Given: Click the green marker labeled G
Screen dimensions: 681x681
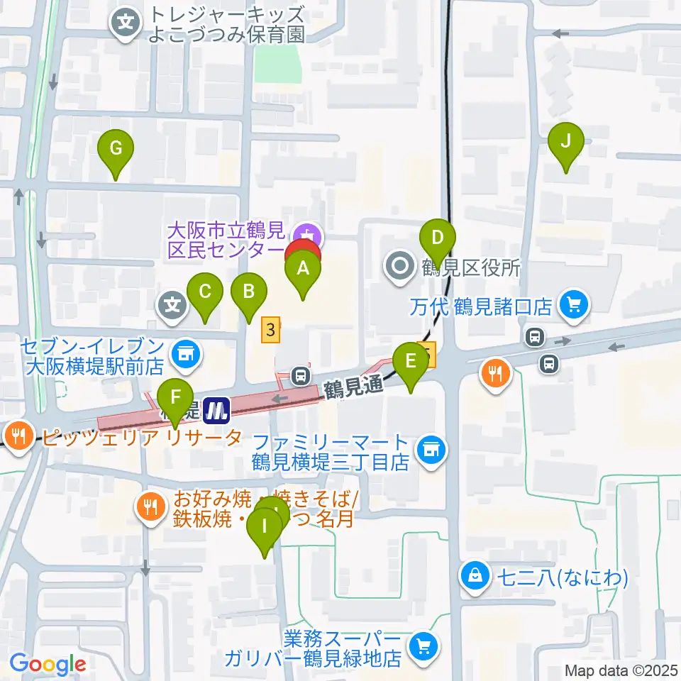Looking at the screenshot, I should pyautogui.click(x=117, y=150).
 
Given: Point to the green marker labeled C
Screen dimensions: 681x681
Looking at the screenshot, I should pyautogui.click(x=205, y=292).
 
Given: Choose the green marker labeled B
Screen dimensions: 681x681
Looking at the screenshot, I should pyautogui.click(x=249, y=292).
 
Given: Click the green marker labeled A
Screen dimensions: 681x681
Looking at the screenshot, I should pyautogui.click(x=303, y=270).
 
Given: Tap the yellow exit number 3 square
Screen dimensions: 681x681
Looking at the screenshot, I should pyautogui.click(x=270, y=329).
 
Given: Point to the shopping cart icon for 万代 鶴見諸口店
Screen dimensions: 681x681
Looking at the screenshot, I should pyautogui.click(x=572, y=306).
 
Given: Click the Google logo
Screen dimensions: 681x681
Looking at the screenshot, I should pyautogui.click(x=48, y=665).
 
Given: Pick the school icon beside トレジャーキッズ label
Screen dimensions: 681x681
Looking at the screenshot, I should pyautogui.click(x=126, y=23).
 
